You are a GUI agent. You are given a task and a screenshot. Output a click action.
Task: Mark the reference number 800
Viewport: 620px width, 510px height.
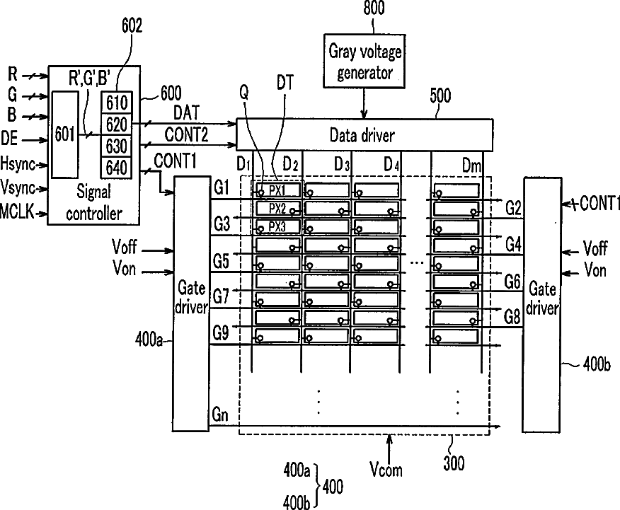point(374,8)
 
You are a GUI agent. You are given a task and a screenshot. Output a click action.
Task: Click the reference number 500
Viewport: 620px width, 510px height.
point(440,96)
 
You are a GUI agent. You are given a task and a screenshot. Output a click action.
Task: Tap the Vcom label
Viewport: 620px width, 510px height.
point(386,469)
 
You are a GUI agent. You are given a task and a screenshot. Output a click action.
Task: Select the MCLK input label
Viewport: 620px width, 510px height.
point(16,211)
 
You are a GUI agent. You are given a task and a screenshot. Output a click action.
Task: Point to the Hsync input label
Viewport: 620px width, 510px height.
point(18,163)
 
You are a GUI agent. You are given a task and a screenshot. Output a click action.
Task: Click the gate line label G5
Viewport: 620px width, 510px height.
point(221,261)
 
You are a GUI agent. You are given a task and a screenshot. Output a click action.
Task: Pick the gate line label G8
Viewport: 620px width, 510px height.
point(512,317)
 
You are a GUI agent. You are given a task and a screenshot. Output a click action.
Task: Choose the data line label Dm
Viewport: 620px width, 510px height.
point(471,166)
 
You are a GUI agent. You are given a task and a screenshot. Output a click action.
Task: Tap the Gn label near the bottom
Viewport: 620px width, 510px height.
point(220,415)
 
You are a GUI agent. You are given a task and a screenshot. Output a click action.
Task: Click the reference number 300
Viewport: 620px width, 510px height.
point(454,463)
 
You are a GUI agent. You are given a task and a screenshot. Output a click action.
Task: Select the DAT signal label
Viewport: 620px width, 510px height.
point(187,113)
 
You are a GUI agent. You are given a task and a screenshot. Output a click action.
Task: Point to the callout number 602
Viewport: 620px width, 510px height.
point(132,25)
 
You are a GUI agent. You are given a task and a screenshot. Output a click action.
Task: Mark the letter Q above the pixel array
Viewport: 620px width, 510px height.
point(244,93)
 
